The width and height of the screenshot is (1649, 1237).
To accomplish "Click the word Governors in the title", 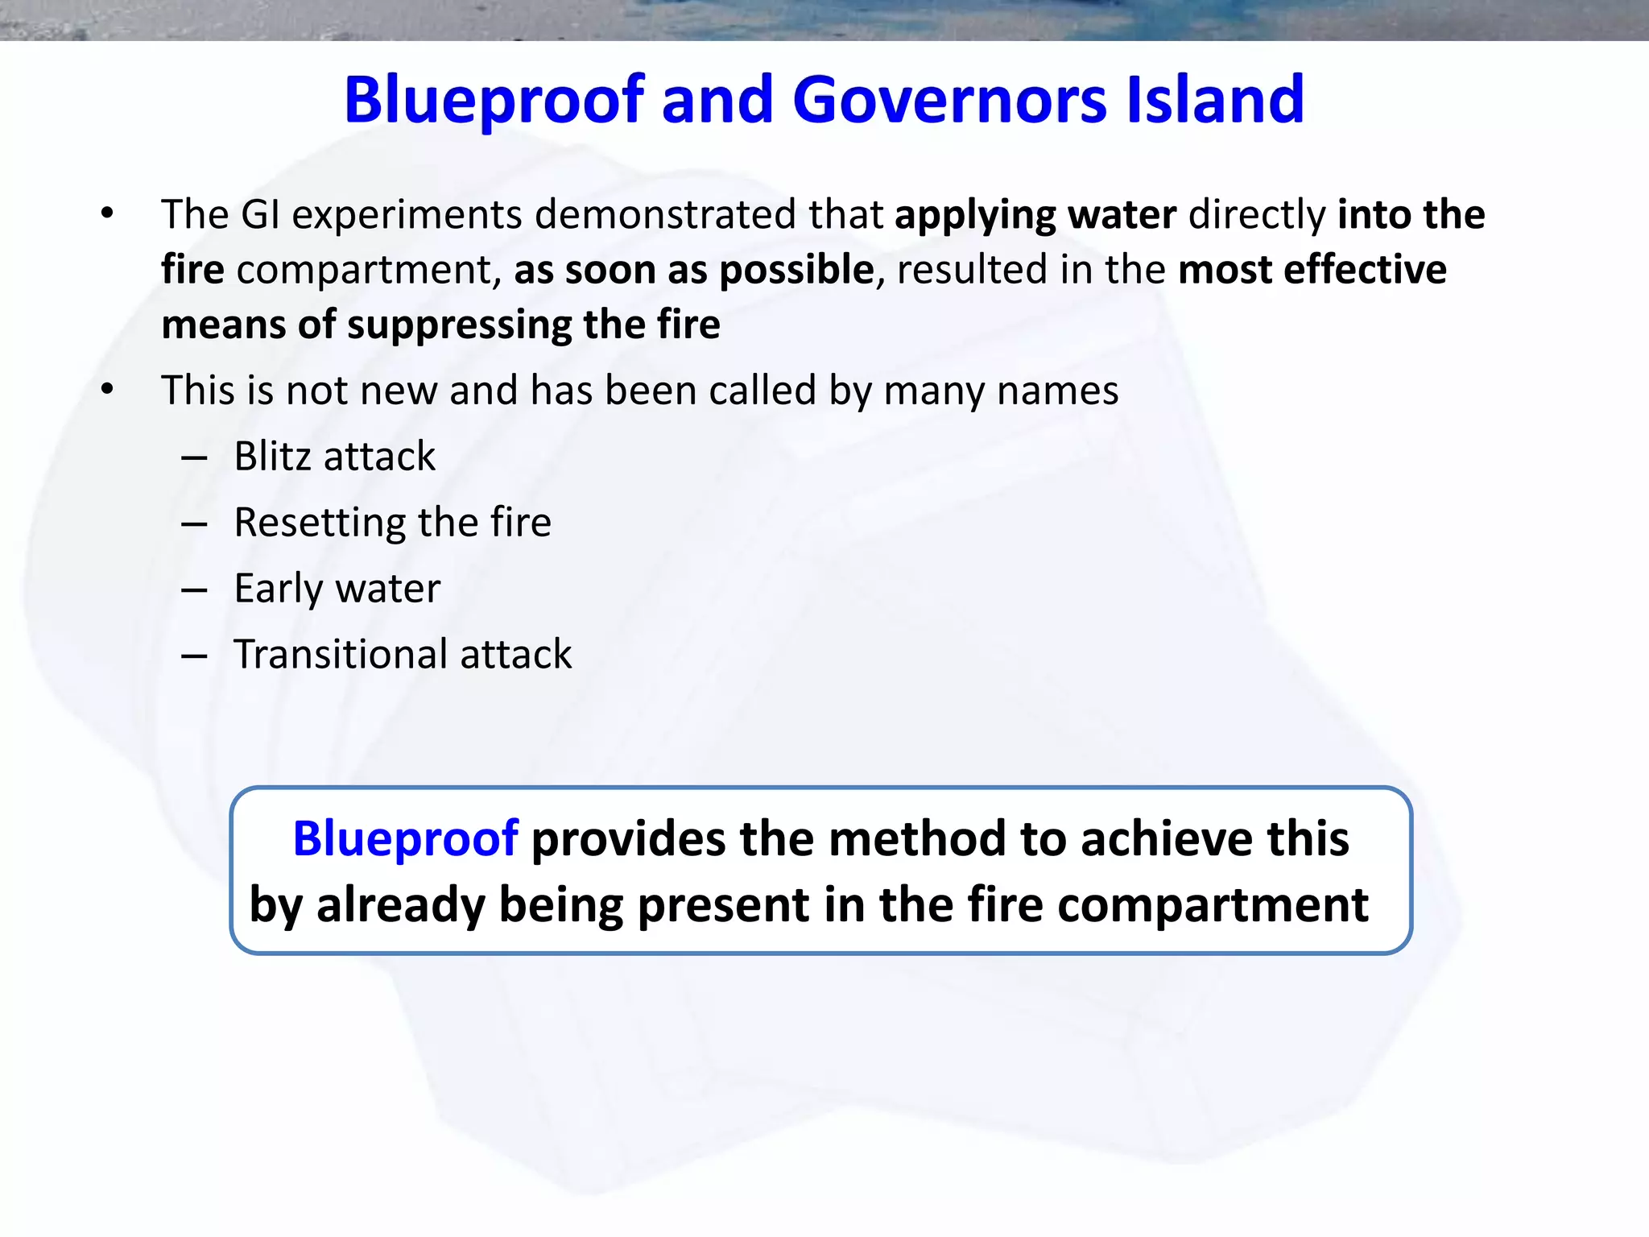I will pos(950,100).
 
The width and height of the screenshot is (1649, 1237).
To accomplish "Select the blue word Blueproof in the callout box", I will pos(405,838).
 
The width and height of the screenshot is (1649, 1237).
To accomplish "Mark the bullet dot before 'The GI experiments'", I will pos(107,214).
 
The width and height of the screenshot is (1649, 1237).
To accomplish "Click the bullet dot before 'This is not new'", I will pos(107,391).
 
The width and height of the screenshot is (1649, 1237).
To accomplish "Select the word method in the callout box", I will pos(916,838).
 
